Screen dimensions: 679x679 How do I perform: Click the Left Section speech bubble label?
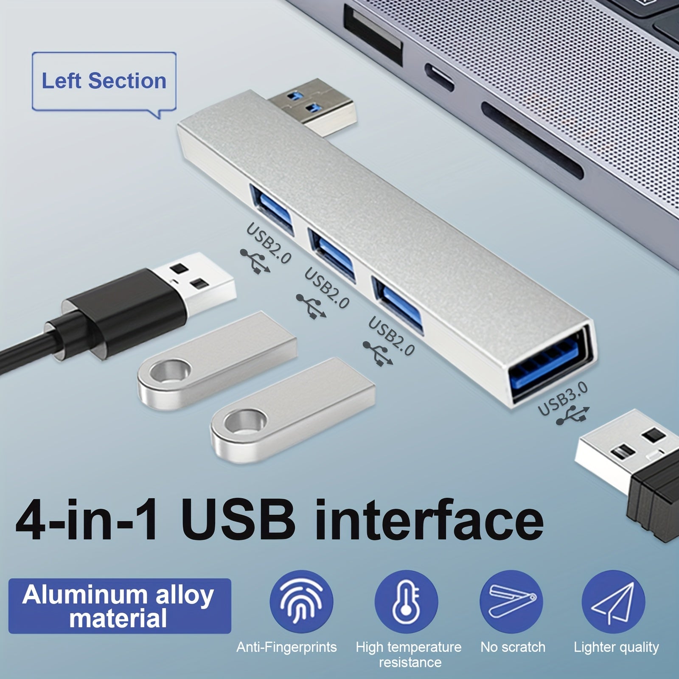pyautogui.click(x=104, y=83)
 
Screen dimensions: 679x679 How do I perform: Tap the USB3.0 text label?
pyautogui.click(x=563, y=399)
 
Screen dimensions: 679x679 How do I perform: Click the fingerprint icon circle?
pyautogui.click(x=301, y=601)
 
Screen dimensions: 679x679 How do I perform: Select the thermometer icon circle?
pyautogui.click(x=406, y=601)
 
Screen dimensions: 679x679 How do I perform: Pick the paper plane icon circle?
pyautogui.click(x=614, y=601)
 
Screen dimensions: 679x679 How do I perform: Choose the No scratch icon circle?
pyautogui.click(x=511, y=601)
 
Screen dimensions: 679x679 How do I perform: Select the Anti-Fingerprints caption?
pyautogui.click(x=286, y=647)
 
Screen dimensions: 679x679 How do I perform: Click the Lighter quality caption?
pyautogui.click(x=616, y=647)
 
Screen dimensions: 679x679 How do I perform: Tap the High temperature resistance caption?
pyautogui.click(x=409, y=654)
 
